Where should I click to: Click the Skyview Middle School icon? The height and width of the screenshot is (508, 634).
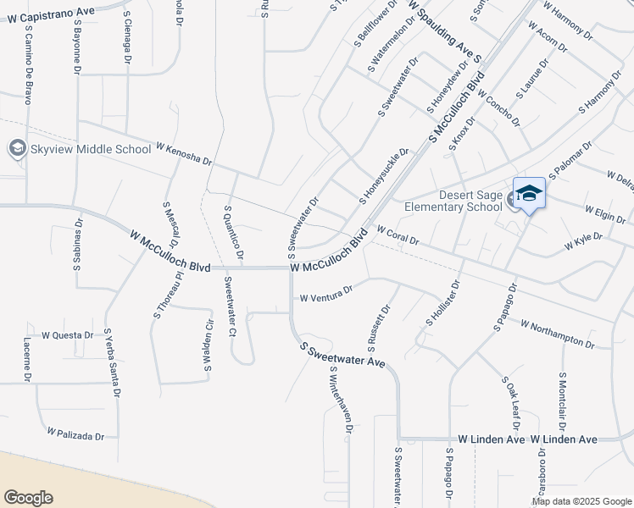click(17, 150)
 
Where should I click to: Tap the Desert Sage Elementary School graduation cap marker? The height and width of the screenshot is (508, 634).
click(529, 196)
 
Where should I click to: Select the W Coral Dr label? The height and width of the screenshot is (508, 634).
click(398, 235)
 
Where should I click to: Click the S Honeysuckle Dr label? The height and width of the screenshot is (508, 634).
click(384, 176)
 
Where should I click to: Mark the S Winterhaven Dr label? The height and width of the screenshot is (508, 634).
click(340, 400)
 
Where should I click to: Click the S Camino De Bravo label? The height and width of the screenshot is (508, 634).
click(28, 75)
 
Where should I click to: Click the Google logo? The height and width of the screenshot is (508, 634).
click(29, 497)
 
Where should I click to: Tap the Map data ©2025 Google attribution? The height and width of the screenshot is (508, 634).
click(581, 501)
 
